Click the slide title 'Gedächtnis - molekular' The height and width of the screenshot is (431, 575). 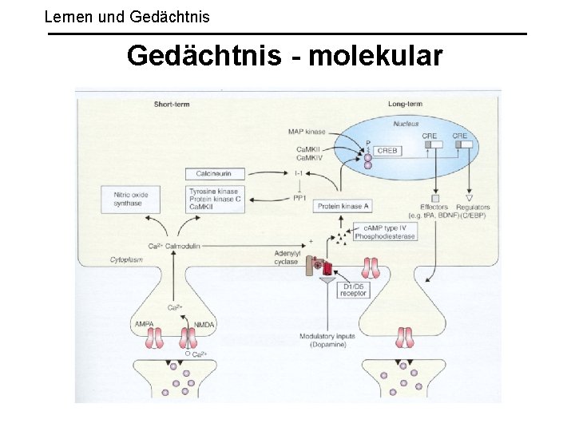click(x=284, y=56)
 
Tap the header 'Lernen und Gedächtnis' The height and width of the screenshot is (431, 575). click(x=127, y=15)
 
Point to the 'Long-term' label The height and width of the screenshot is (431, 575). click(x=405, y=105)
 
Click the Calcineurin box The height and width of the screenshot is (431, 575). click(x=214, y=173)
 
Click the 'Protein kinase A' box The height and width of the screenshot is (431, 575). click(x=343, y=206)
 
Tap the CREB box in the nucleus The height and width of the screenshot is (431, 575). click(x=387, y=150)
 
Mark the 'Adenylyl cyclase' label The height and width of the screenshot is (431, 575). click(x=287, y=257)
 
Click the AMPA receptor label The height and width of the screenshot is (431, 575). click(x=145, y=324)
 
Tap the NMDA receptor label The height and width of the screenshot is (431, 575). click(x=204, y=324)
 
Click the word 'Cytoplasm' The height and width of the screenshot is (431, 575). click(x=125, y=260)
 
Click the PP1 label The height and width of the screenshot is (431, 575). click(x=300, y=196)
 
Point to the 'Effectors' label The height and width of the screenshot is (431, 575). click(x=434, y=208)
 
